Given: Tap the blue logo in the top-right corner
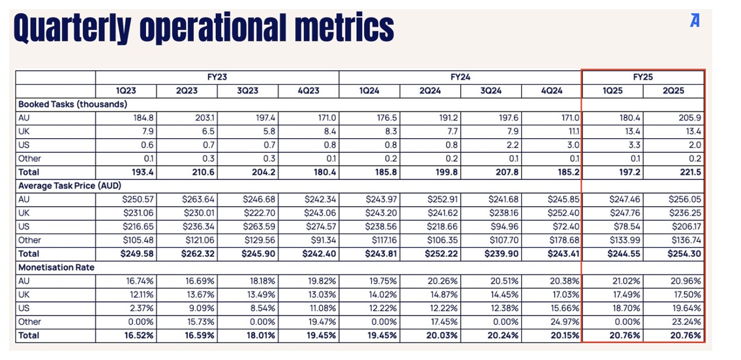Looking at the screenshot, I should [x=695, y=21].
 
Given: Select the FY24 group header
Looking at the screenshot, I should [x=460, y=77].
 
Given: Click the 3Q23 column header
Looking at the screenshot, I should [x=247, y=91].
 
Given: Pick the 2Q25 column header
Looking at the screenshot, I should [x=674, y=91].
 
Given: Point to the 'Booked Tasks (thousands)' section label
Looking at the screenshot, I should [x=72, y=104].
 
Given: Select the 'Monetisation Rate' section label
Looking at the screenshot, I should [x=56, y=267].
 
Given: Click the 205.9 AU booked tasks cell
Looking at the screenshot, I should [x=689, y=118].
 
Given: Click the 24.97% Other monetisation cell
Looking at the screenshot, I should [x=562, y=322].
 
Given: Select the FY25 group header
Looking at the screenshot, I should [x=643, y=77].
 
